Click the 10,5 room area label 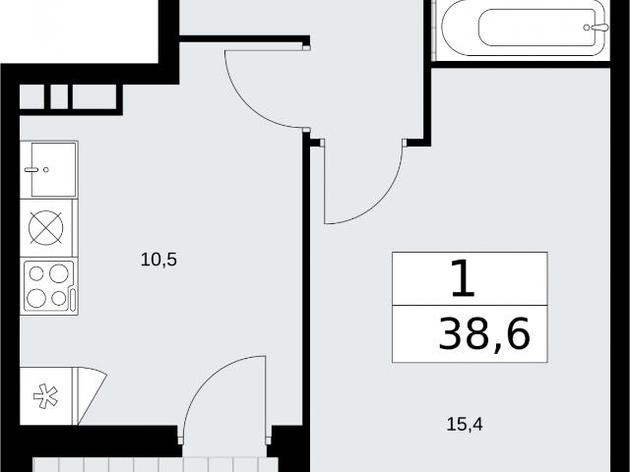pos(158,260)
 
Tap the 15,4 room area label pos(465,424)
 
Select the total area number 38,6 pos(484,334)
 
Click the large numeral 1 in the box pos(463,278)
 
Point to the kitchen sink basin pos(53,169)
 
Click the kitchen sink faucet pos(31,170)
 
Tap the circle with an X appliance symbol pos(46,227)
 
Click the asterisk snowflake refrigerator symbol pos(45,396)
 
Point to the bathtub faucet pos(598,27)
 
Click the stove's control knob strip pos(72,300)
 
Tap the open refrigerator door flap pos(91,392)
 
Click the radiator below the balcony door pos(150,465)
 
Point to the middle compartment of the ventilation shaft pos(59,96)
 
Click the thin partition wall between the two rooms pos(306,281)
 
